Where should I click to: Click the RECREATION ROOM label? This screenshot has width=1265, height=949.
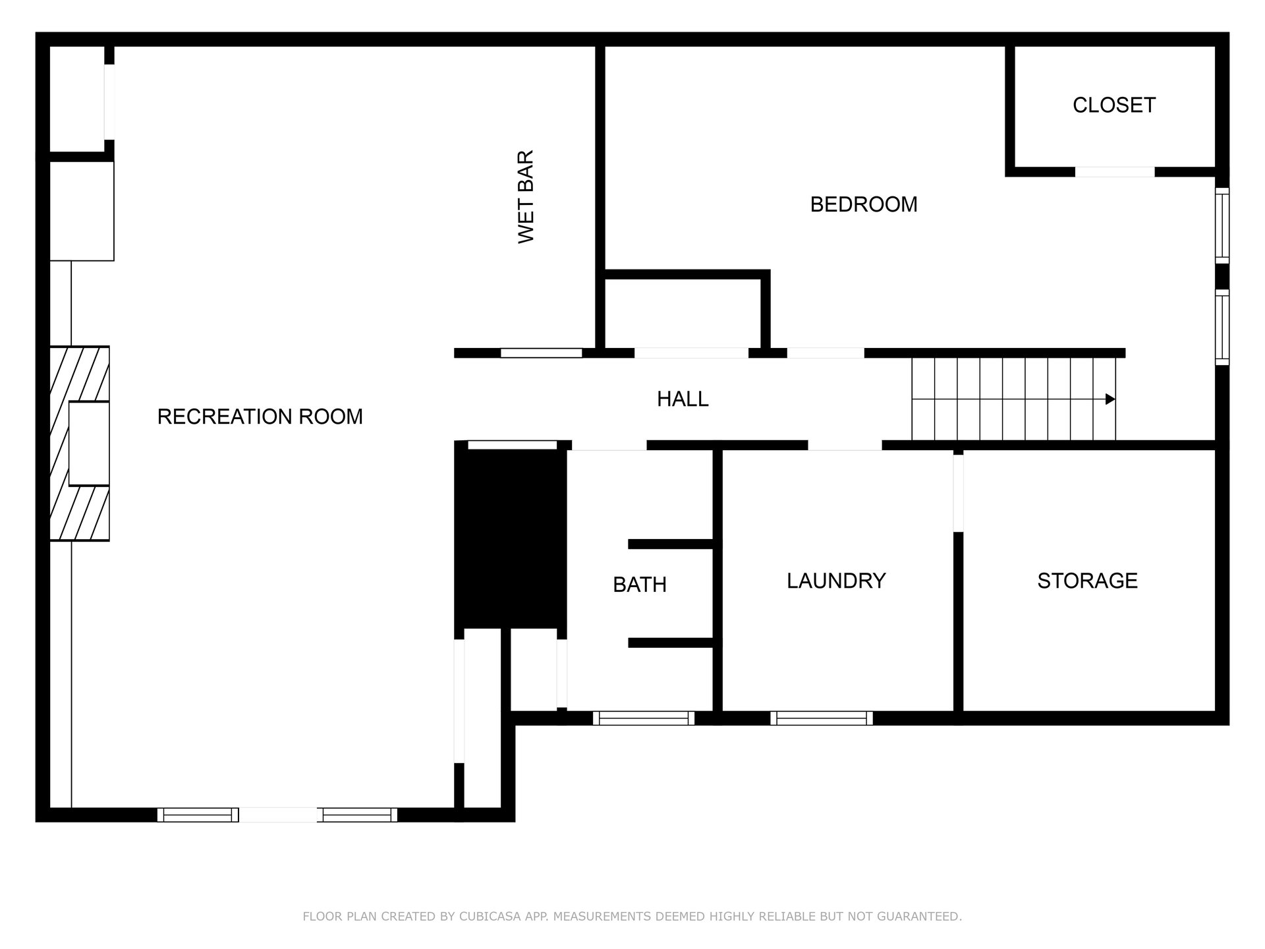260,417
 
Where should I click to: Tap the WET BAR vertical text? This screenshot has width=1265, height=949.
526,196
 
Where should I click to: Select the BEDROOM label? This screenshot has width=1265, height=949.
864,204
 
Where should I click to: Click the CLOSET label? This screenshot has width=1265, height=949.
1114,105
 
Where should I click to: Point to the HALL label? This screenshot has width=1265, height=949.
683,399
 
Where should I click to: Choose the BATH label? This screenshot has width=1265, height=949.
640,585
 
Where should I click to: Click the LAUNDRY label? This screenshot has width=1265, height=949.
836,581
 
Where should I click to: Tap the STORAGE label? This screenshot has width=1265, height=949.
1087,581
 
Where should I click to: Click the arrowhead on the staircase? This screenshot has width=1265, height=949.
1110,399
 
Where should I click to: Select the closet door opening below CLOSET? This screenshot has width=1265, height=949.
1115,172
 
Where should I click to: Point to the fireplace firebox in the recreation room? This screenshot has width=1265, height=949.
89,444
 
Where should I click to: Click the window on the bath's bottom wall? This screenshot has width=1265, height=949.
644,718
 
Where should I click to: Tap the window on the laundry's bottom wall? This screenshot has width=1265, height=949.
822,718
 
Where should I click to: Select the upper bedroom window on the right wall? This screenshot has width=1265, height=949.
1222,225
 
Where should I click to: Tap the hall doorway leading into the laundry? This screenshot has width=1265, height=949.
845,446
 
